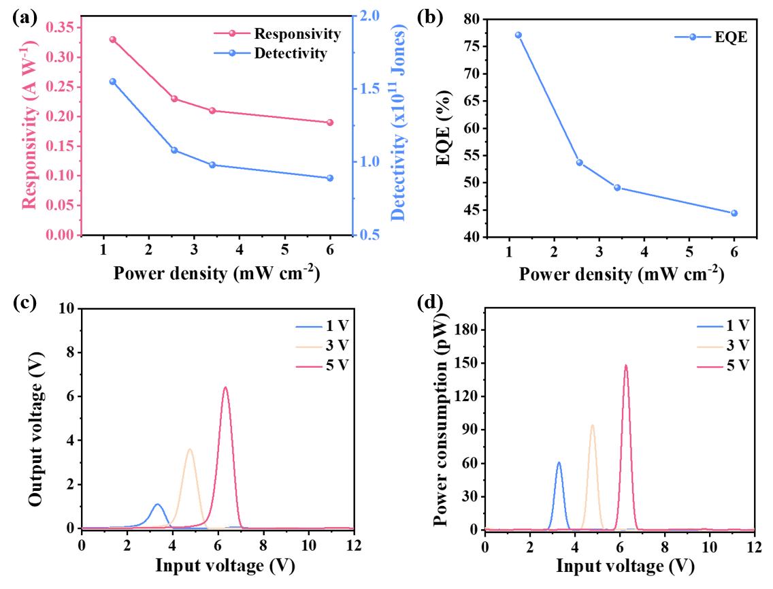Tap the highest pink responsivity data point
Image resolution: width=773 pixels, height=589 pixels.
tap(113, 39)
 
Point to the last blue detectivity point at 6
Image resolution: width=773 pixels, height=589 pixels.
tap(330, 178)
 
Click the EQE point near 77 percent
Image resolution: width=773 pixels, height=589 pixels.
tap(518, 35)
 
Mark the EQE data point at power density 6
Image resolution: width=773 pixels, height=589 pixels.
tap(734, 213)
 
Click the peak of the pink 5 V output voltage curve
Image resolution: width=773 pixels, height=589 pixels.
tap(225, 387)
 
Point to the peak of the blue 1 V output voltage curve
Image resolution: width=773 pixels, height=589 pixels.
tap(158, 505)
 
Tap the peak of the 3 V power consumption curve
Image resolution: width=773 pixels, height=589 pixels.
tap(592, 426)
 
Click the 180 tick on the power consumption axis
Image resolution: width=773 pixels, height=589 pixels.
tap(467, 330)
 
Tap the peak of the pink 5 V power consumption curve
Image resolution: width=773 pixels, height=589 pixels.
tap(625, 366)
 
